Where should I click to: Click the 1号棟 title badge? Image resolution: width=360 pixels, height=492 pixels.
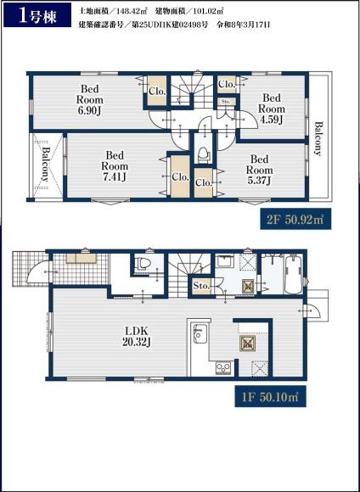pyautogui.click(x=37, y=14)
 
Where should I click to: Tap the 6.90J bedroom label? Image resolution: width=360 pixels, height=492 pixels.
pyautogui.click(x=90, y=100)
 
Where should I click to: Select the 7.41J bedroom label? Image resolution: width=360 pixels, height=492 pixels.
pyautogui.click(x=115, y=166)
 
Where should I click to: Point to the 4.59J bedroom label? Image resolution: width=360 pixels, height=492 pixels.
pyautogui.click(x=272, y=109)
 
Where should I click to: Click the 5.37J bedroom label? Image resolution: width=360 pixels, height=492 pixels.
pyautogui.click(x=260, y=170)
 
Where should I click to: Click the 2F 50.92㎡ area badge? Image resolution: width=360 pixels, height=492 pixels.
pyautogui.click(x=295, y=219)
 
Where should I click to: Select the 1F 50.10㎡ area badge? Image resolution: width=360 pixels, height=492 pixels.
pyautogui.click(x=271, y=396)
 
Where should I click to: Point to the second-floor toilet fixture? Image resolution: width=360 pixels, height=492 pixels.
pyautogui.click(x=203, y=154)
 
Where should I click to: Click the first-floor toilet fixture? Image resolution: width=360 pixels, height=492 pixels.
pyautogui.click(x=143, y=263)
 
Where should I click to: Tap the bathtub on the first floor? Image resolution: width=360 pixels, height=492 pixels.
pyautogui.click(x=294, y=274)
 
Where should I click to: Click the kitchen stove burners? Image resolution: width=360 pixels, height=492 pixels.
pyautogui.click(x=223, y=368)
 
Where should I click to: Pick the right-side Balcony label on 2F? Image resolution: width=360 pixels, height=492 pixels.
pyautogui.click(x=318, y=138)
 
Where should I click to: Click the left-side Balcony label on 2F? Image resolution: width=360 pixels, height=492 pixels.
pyautogui.click(x=46, y=164)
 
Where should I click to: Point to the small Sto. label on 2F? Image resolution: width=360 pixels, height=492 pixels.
pyautogui.click(x=226, y=102)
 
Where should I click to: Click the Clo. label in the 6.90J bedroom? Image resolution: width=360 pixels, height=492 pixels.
pyautogui.click(x=157, y=92)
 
